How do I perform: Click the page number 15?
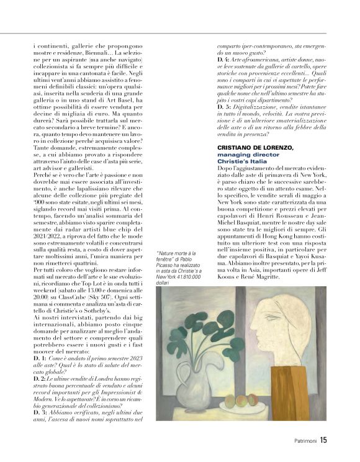(x=323, y=442)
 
